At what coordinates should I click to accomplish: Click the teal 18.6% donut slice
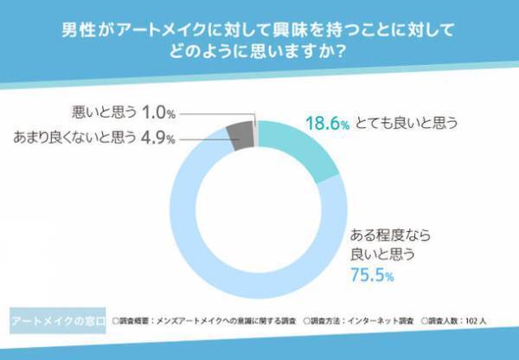coord(298,147)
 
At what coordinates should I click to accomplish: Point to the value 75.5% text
coord(371,276)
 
